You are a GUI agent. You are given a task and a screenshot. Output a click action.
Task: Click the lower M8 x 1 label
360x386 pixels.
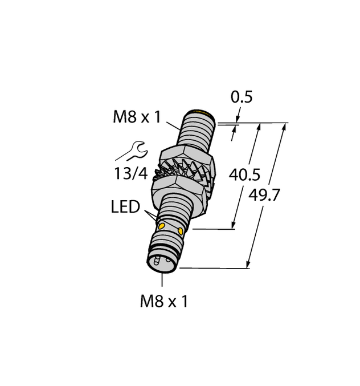(163, 302)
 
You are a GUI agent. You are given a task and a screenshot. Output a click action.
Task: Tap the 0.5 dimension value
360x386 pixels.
(241, 97)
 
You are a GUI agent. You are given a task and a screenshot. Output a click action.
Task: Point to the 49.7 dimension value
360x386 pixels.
(265, 196)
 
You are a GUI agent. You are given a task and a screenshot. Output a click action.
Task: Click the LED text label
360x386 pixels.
(125, 207)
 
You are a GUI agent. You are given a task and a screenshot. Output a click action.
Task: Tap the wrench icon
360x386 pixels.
(132, 151)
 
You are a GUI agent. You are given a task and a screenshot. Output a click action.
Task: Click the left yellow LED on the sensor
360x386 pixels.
(161, 227)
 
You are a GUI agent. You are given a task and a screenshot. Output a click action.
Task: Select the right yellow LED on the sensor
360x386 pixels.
(181, 231)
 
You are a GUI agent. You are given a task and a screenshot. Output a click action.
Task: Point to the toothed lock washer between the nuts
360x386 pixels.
(182, 171)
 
